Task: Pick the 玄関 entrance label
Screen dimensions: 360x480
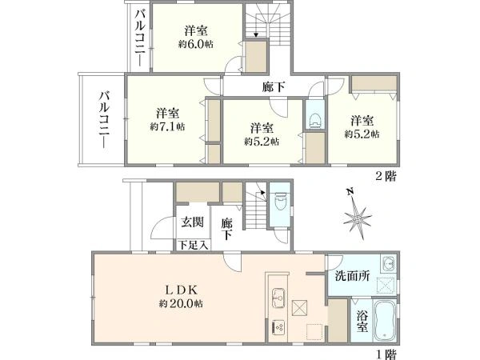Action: point(190,222)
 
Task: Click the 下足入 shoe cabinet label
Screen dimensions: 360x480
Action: point(192,245)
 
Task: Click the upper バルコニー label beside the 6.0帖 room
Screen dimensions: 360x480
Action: point(139,36)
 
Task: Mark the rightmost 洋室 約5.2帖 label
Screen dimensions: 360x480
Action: point(360,127)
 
